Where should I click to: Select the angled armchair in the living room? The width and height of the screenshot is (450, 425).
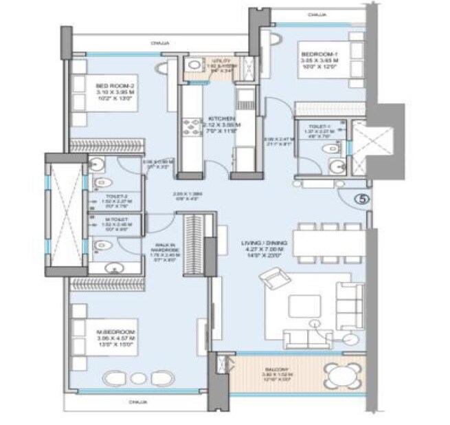coord(270,280)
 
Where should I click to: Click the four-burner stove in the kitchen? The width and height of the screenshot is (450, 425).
coord(189,128)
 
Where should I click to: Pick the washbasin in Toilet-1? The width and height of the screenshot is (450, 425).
coord(335,166)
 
